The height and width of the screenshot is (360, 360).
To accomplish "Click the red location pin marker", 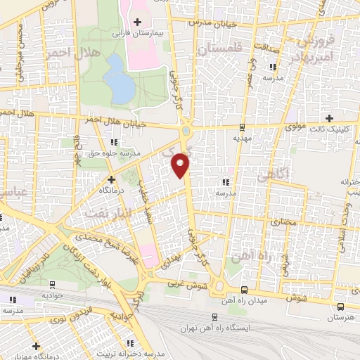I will (181, 165).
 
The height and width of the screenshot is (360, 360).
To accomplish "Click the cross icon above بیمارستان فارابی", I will (138, 22).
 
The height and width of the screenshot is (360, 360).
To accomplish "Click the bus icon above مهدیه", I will (243, 128).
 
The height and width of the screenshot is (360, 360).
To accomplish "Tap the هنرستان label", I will (341, 318).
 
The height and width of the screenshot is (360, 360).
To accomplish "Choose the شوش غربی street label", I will (189, 286).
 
